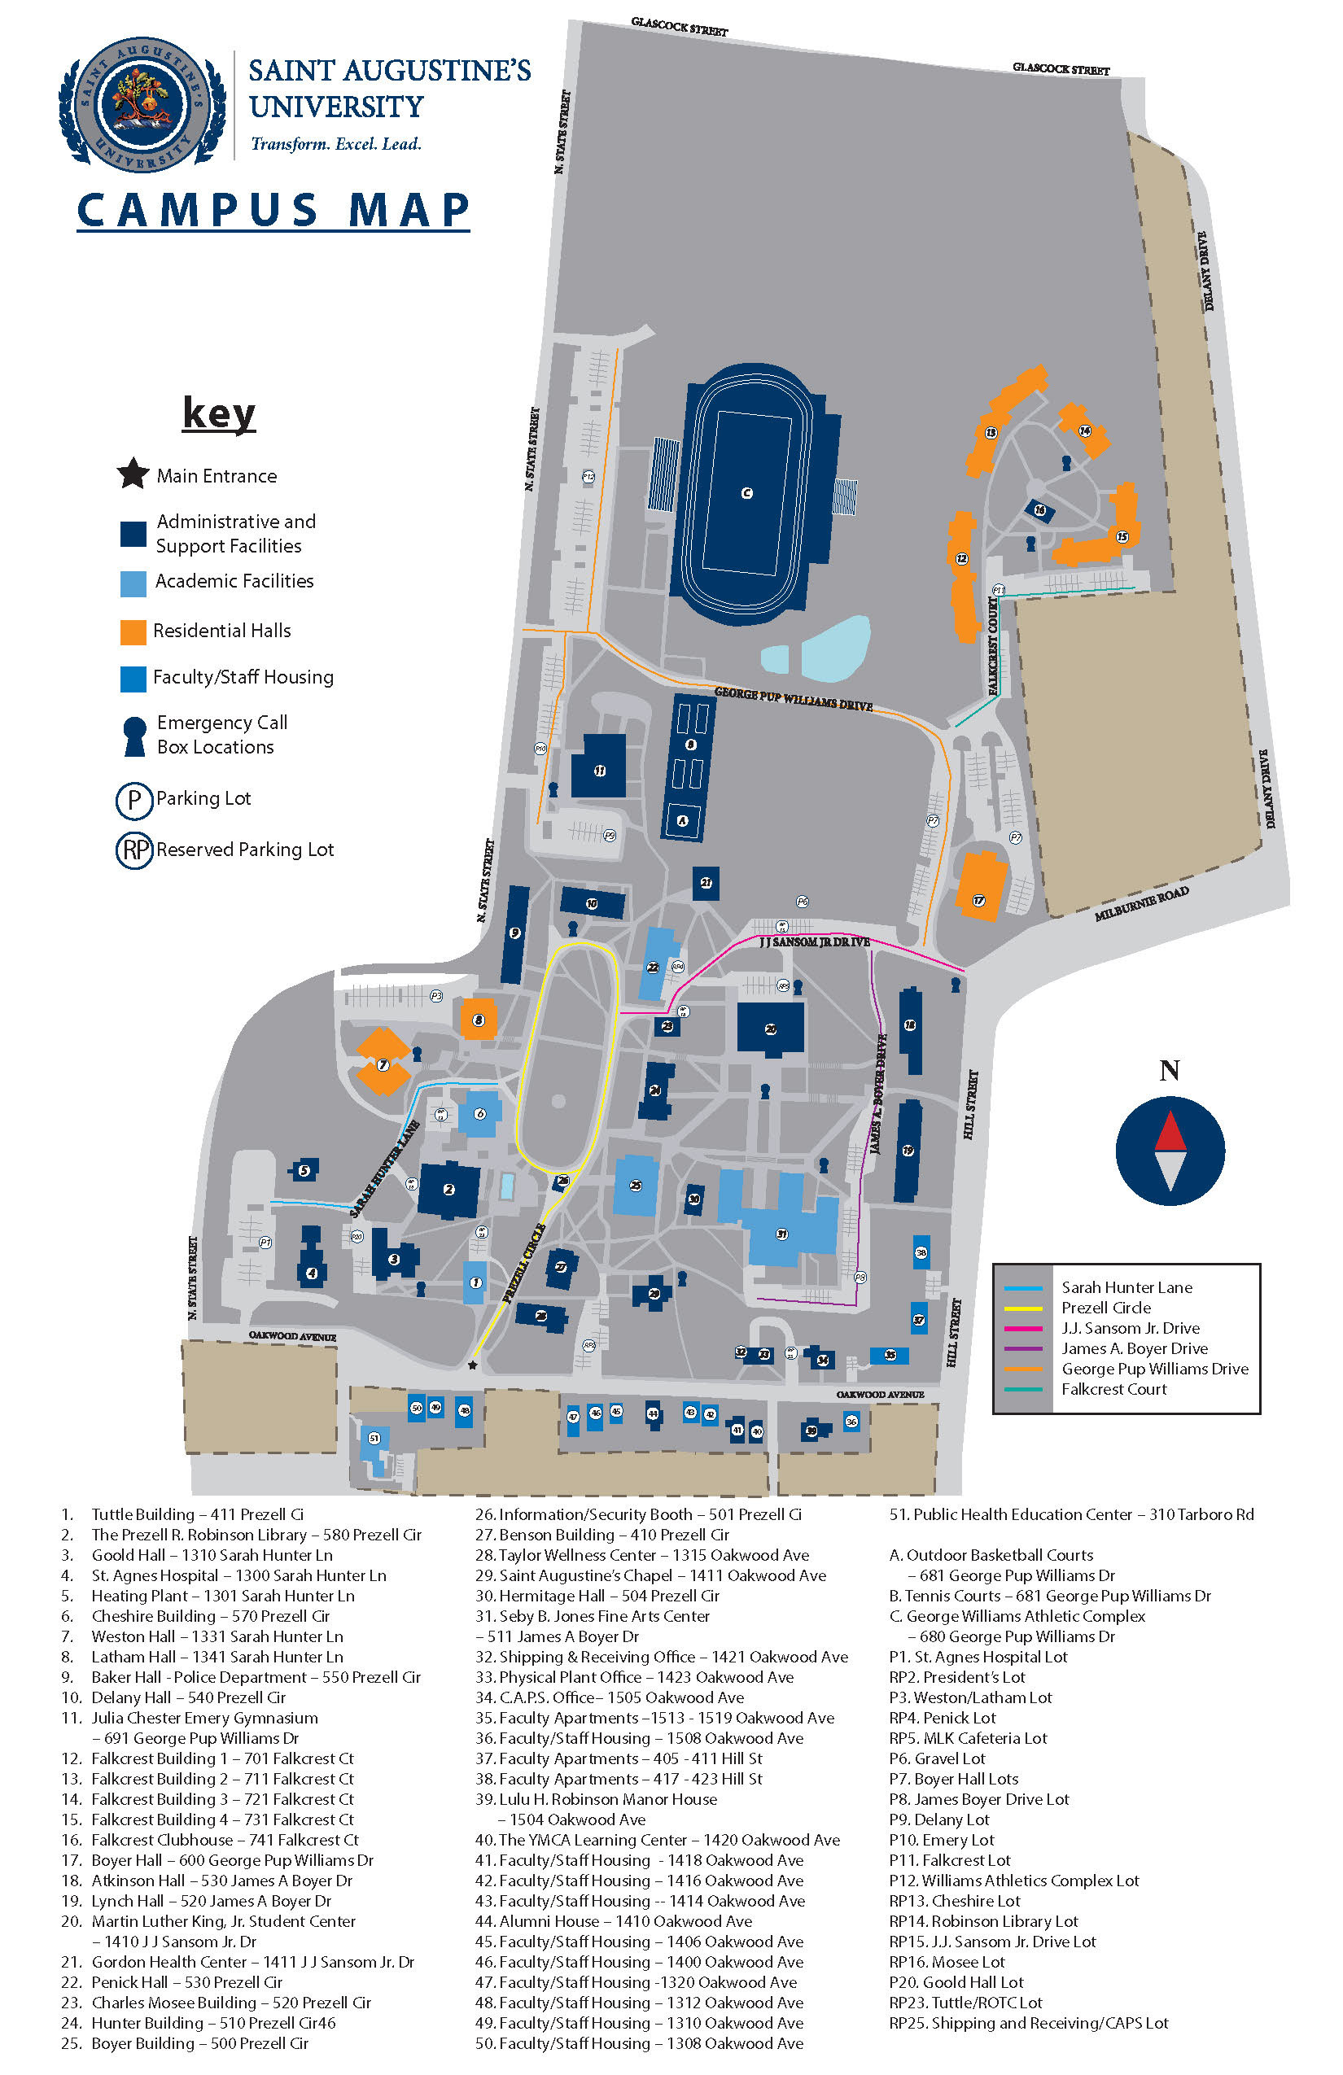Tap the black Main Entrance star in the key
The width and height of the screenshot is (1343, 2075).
pos(133,474)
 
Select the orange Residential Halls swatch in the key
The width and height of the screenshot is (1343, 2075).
pos(133,632)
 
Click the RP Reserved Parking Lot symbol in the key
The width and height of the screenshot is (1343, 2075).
pos(134,850)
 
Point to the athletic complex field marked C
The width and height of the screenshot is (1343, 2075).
pos(746,493)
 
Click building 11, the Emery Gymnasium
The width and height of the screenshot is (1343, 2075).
pos(599,767)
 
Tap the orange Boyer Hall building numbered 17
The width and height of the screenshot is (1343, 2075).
pos(980,886)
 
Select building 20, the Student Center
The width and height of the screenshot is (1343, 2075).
pos(770,1028)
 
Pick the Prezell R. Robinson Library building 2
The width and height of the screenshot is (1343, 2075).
pos(449,1188)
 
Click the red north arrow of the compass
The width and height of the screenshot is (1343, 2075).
pos(1170,1131)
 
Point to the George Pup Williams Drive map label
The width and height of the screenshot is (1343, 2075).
pos(793,698)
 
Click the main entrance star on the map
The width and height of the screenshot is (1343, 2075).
pos(473,1365)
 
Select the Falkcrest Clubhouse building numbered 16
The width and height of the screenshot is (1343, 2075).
pos(1039,511)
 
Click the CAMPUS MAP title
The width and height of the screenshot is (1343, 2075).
pos(273,210)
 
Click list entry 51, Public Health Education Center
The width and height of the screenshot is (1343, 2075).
pos(1071,1514)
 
